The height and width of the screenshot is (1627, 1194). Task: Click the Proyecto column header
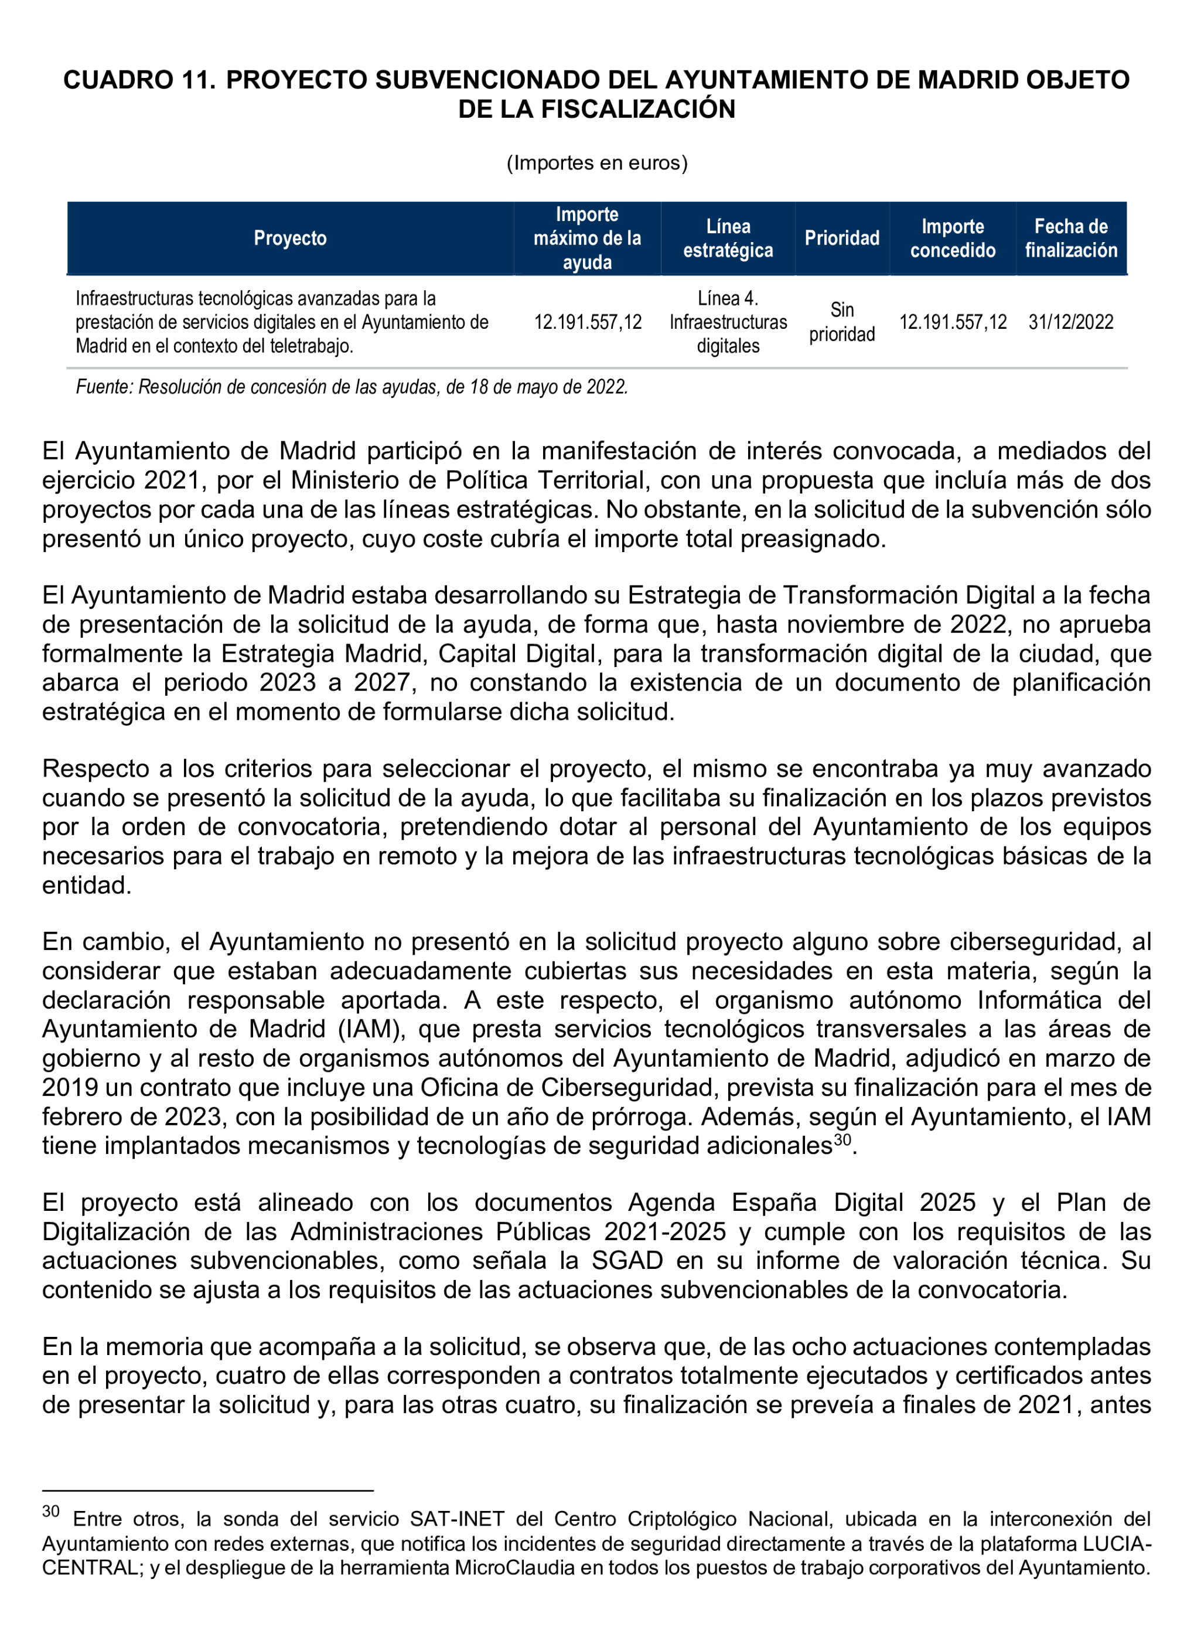pyautogui.click(x=290, y=238)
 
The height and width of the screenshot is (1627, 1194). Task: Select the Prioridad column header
pyautogui.click(x=841, y=238)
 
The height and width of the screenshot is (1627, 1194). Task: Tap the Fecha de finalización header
pyautogui.click(x=1070, y=238)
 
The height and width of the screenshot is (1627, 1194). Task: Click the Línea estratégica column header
pyautogui.click(x=728, y=238)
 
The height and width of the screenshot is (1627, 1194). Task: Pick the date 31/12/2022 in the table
pyautogui.click(x=1070, y=322)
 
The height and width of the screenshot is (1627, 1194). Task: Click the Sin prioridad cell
pyautogui.click(x=841, y=322)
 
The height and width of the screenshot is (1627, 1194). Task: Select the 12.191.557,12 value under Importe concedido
pyautogui.click(x=952, y=322)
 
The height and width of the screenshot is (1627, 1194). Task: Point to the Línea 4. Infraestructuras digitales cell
pyautogui.click(x=728, y=322)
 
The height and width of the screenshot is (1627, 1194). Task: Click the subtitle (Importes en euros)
pyautogui.click(x=596, y=163)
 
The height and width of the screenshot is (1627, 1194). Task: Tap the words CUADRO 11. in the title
pyautogui.click(x=139, y=80)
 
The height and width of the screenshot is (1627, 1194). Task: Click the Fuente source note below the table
pyautogui.click(x=352, y=387)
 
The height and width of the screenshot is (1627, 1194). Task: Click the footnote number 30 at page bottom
pyautogui.click(x=50, y=1512)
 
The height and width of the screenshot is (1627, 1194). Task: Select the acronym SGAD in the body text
pyautogui.click(x=627, y=1260)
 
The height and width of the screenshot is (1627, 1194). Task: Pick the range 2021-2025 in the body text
pyautogui.click(x=665, y=1231)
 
